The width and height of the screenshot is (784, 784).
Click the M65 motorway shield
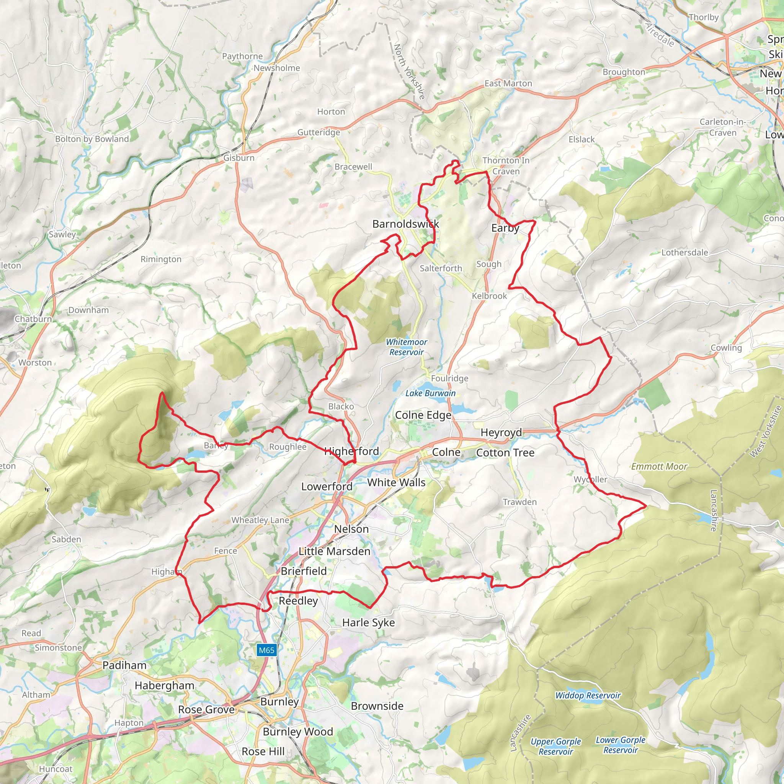click(266, 650)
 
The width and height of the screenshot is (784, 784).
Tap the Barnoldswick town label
click(405, 224)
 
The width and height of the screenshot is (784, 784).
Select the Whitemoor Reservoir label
click(406, 347)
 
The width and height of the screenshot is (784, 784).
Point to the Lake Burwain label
click(430, 393)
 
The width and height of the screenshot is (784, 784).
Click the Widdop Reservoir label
click(588, 696)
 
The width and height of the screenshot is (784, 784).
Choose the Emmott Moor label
click(659, 467)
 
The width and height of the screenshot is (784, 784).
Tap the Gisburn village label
click(239, 158)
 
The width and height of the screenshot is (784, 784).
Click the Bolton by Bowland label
click(92, 139)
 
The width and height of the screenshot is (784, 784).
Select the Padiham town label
click(124, 665)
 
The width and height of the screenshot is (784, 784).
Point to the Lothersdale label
click(684, 252)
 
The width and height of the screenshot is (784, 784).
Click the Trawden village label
click(519, 502)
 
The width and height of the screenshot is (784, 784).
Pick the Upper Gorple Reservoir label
click(555, 746)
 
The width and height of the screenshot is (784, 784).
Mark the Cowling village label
click(726, 348)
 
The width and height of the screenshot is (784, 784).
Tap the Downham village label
click(88, 310)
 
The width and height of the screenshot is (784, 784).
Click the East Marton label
click(508, 83)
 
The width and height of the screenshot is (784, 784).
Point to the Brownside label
click(377, 706)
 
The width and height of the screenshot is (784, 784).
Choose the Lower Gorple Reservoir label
click(621, 745)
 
